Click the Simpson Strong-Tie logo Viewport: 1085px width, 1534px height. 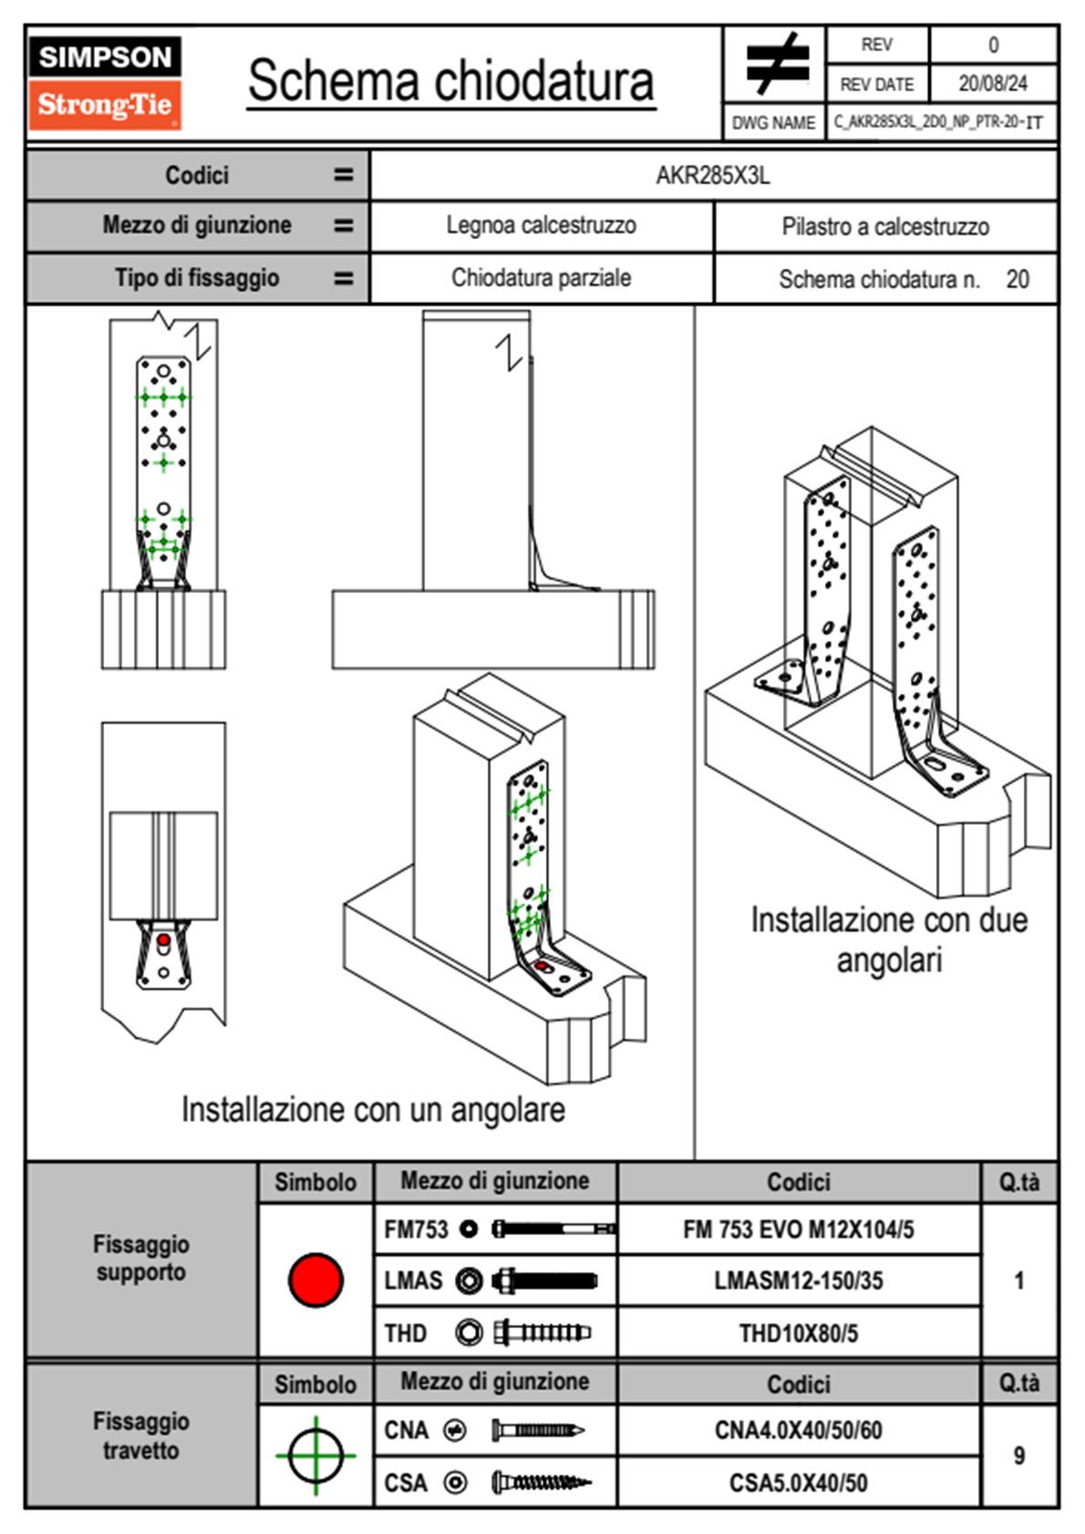[x=105, y=82]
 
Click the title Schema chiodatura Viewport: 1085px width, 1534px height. [x=450, y=81]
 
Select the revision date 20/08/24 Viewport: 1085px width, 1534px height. [x=992, y=84]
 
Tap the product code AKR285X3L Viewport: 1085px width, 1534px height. [x=713, y=175]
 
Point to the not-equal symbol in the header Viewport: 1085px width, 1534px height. [x=775, y=64]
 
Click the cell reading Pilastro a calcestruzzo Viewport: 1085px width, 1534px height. [x=884, y=227]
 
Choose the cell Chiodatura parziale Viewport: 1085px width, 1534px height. [x=541, y=278]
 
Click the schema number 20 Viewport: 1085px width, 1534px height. [x=1018, y=279]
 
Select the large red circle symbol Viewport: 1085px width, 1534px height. [x=315, y=1280]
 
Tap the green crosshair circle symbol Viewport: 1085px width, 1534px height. [x=315, y=1456]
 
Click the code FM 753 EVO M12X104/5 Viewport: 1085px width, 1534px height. [x=798, y=1230]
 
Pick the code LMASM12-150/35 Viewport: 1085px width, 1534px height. [x=798, y=1281]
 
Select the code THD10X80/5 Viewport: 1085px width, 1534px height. [x=798, y=1333]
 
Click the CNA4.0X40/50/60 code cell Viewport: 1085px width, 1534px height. [x=798, y=1430]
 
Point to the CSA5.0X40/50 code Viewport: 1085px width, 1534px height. [x=798, y=1483]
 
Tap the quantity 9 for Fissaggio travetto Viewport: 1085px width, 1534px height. [x=1018, y=1456]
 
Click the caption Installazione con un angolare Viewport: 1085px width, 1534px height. [x=373, y=1110]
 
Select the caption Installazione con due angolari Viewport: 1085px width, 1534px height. [x=889, y=939]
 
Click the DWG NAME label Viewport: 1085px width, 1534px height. [x=773, y=123]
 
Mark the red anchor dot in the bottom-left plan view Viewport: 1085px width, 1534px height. [x=163, y=940]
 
